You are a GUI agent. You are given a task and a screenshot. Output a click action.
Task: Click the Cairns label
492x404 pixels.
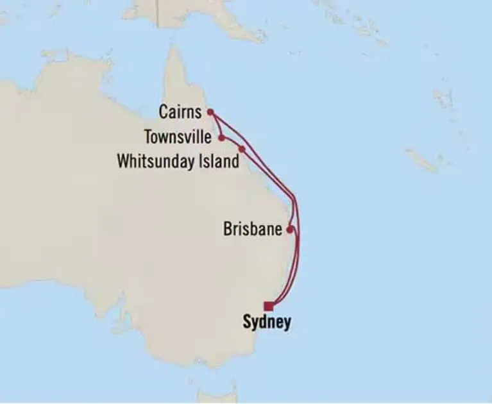pos(180,113)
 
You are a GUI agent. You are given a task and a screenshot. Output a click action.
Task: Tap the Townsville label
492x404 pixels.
pos(178,137)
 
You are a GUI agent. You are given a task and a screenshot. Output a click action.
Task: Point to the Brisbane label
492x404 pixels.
pos(253,229)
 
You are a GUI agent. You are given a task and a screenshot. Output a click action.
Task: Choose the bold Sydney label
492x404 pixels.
pos(266,322)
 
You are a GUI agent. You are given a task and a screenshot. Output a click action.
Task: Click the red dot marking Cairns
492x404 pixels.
pos(210,112)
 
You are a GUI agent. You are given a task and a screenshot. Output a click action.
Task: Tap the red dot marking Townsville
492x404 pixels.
pos(221,137)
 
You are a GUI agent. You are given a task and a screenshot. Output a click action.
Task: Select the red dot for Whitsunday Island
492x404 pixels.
pos(242,149)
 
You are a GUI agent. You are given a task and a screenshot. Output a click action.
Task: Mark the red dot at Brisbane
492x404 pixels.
pos(290,228)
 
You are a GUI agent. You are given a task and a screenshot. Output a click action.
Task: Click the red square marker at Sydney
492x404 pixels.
pos(267,306)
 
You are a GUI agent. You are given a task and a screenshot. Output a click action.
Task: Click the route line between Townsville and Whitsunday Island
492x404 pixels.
pos(232,141)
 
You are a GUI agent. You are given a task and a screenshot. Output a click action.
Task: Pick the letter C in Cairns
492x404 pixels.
pos(164,113)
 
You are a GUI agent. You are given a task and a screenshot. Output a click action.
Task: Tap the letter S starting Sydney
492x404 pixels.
pos(247,322)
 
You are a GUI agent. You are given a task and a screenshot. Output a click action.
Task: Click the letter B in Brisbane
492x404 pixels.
pos(228,229)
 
